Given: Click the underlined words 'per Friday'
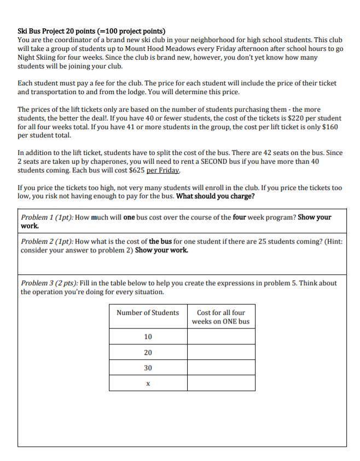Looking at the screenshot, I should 164,170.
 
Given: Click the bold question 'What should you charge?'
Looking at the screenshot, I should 215,197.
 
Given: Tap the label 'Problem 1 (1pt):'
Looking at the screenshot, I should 47,217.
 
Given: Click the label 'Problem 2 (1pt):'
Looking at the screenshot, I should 47,241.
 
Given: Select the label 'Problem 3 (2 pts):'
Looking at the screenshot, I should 49,283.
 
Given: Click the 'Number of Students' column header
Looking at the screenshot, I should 148,313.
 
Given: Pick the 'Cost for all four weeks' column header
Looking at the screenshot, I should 220,317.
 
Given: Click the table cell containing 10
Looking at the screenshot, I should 148,337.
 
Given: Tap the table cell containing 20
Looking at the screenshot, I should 148,353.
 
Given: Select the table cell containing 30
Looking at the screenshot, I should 148,368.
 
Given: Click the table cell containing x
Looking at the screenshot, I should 148,383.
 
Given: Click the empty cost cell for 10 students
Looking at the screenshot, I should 221,337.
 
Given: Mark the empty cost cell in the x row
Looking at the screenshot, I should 221,383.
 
